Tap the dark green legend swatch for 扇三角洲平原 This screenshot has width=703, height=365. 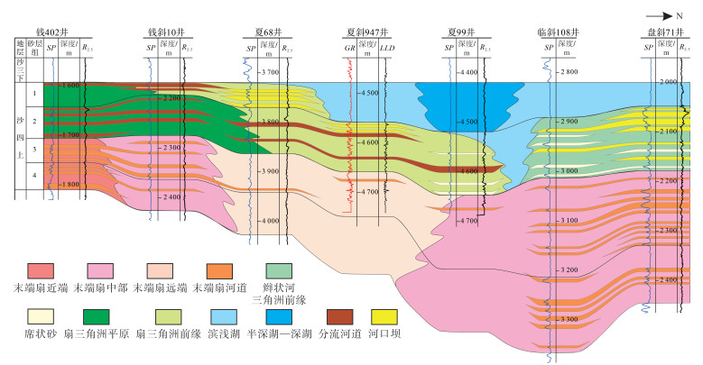[98, 316]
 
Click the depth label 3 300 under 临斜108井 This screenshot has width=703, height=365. [569, 320]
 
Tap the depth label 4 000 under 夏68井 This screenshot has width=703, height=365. [268, 221]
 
